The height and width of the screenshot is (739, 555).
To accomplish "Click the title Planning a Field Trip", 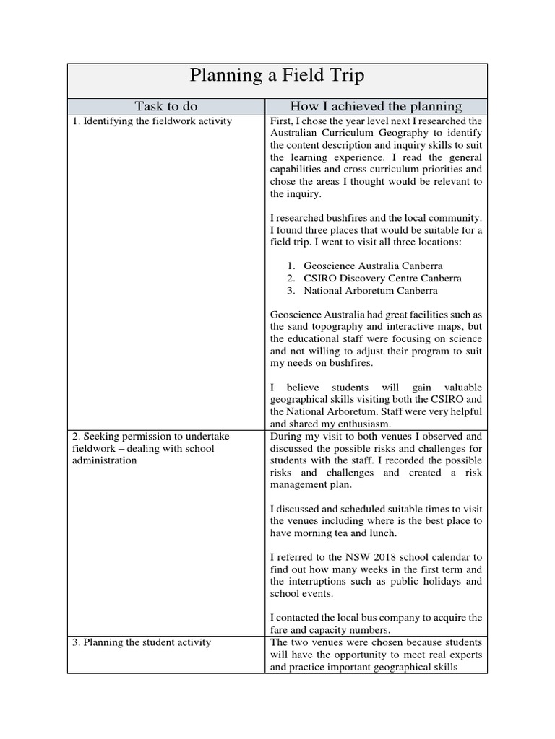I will click(x=277, y=76).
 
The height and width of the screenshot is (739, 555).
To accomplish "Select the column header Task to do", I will click(x=167, y=106).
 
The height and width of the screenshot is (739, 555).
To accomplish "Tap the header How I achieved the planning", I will click(x=375, y=106).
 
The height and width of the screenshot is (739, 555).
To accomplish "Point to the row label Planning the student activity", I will click(x=141, y=642).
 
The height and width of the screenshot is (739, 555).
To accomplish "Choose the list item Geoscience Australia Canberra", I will click(x=373, y=266).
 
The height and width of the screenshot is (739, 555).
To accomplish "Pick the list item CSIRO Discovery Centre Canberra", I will click(x=382, y=279).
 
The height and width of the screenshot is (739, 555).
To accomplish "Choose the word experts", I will click(x=464, y=655).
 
